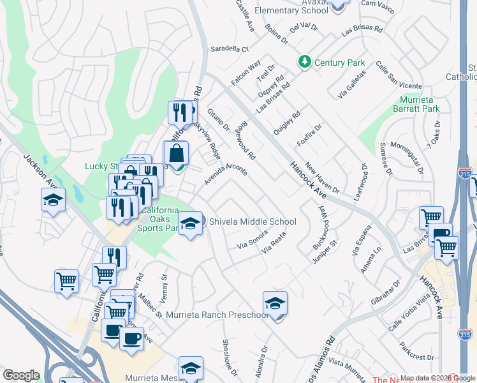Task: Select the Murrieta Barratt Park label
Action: click(420, 105)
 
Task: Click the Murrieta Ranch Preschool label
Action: click(216, 315)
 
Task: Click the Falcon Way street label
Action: click(246, 73)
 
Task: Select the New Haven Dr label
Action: click(323, 177)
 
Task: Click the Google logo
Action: click(22, 375)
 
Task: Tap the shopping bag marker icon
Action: click(176, 154)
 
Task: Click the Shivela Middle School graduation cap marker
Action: click(189, 224)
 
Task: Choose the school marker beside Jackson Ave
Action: click(54, 200)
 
